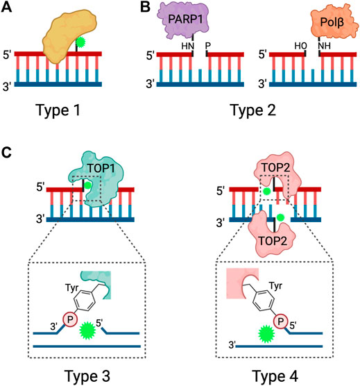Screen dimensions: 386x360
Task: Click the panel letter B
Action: (x=145, y=8)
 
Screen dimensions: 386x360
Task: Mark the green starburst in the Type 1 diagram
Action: (x=80, y=43)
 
